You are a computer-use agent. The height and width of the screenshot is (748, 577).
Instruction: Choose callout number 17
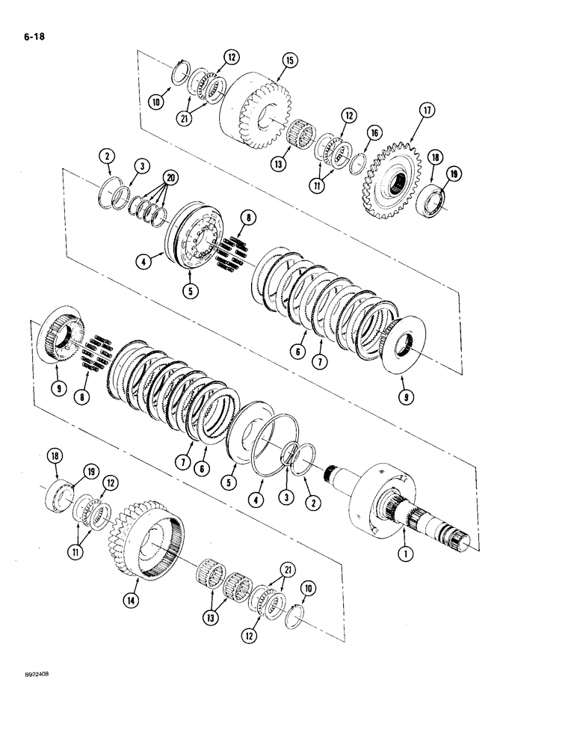(426, 111)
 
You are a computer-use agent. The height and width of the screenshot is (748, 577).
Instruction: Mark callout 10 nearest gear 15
(156, 102)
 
